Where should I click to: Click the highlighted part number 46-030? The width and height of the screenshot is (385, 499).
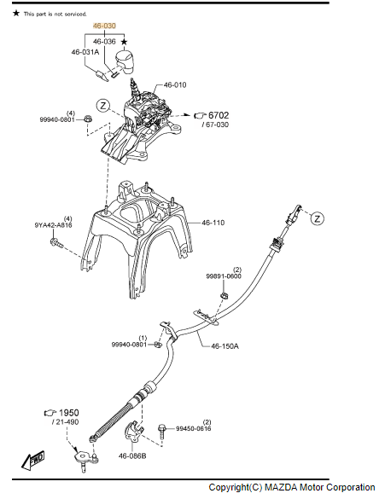tap(104, 26)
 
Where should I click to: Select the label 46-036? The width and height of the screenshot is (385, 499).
tap(104, 42)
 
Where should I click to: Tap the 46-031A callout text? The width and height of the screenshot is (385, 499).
tap(85, 52)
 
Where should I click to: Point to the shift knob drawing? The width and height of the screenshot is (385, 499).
tap(125, 61)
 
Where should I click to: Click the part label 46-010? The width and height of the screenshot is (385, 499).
tap(175, 85)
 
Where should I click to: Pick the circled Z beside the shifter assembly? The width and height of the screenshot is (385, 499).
tap(103, 105)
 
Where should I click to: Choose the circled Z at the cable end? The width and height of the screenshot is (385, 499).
tap(318, 218)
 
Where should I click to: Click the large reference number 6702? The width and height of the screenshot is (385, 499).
tap(219, 115)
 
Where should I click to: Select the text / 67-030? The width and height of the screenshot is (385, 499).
tap(215, 125)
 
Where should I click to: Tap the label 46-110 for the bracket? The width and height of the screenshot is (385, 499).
tap(213, 223)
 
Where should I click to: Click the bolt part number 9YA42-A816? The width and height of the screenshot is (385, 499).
tap(53, 225)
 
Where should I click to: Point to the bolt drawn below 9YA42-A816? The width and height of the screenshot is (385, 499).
tap(56, 243)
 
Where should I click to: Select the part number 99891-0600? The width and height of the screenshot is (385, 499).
tap(224, 276)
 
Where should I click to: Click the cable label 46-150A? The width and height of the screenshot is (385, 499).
tap(225, 346)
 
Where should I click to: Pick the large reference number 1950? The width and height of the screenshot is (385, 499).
tap(69, 413)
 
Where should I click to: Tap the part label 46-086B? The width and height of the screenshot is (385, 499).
tap(132, 456)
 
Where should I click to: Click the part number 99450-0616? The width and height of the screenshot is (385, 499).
tap(193, 428)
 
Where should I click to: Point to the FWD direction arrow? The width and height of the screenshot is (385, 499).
tap(32, 460)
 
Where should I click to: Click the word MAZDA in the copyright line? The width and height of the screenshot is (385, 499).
tap(281, 488)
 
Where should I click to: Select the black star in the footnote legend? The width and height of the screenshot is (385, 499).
tap(16, 14)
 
